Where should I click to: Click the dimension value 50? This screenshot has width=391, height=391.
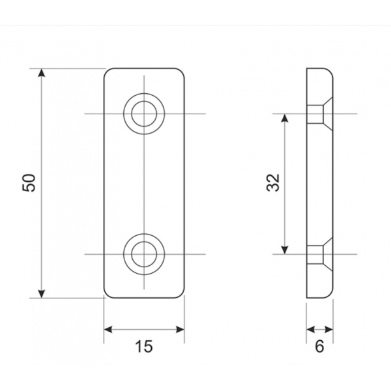click(x=29, y=182)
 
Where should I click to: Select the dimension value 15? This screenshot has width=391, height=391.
click(x=144, y=347)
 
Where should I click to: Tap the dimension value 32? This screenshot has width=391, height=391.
click(x=273, y=182)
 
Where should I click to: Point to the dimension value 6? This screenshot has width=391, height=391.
click(x=319, y=347)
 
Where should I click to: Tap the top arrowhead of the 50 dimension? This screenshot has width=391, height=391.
click(x=42, y=72)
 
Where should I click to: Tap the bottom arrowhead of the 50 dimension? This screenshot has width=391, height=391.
click(x=42, y=294)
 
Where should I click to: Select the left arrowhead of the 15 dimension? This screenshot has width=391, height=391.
click(x=108, y=330)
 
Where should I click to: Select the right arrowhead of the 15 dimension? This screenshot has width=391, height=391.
click(x=181, y=330)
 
